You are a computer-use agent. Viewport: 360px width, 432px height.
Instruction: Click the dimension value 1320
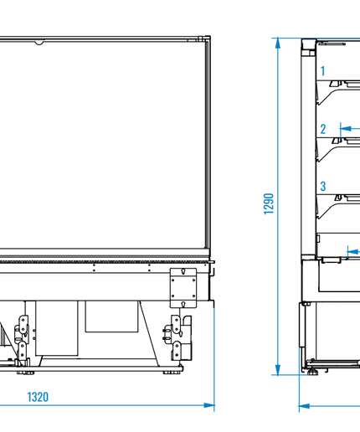[x=38, y=397]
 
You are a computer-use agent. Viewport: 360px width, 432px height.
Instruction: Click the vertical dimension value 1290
[x=269, y=203]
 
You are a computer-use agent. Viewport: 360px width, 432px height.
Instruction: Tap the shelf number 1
[x=323, y=71]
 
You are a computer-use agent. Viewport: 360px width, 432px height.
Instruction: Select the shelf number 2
[x=323, y=129]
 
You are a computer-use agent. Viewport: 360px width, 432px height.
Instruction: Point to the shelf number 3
[x=323, y=186]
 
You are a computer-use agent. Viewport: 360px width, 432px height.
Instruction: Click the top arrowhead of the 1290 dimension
[x=278, y=44]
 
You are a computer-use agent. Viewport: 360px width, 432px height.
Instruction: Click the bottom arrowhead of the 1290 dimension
[x=278, y=369]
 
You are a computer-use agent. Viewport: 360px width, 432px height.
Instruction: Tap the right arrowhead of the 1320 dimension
[x=209, y=405]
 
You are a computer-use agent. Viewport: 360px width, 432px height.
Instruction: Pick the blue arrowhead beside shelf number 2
[x=346, y=129]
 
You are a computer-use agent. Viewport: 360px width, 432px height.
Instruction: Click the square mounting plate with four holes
[x=183, y=288]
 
